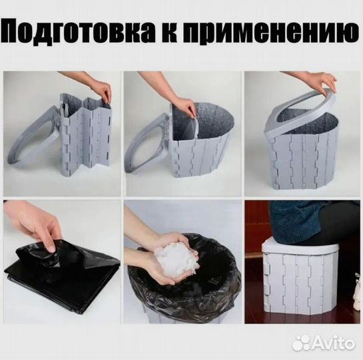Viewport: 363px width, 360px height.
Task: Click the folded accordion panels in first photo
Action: tap(83, 140)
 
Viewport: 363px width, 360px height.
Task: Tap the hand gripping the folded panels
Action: tap(100, 90)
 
